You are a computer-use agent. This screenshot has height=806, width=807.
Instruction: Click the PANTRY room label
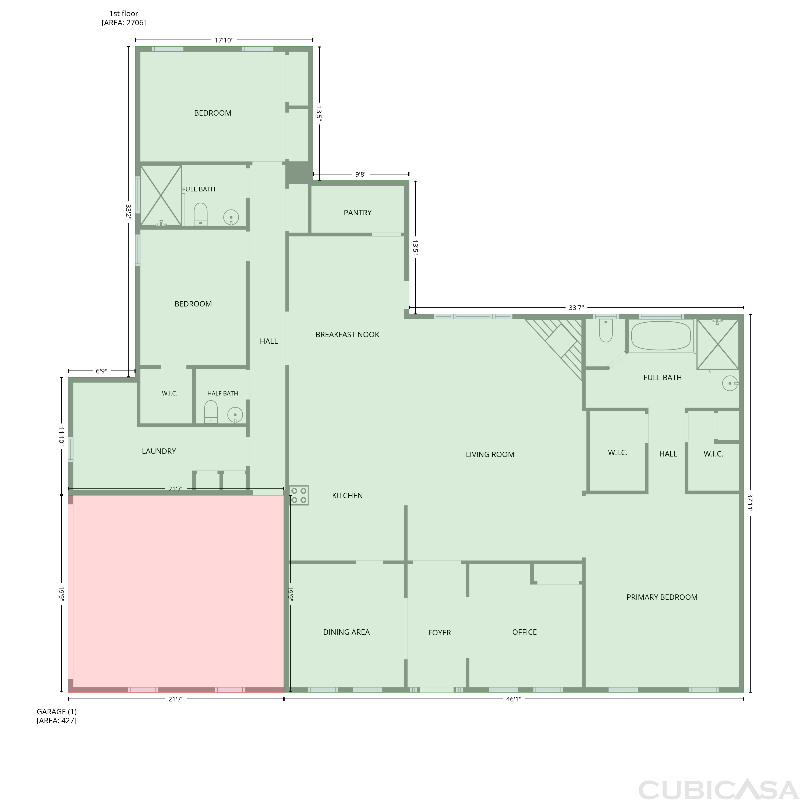358,213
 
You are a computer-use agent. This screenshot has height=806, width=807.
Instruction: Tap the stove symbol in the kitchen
299,495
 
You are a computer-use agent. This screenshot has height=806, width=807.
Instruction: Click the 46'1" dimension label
514,699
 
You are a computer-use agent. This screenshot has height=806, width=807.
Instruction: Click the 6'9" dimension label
101,371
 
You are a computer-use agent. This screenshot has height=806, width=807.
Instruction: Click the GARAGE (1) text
57,712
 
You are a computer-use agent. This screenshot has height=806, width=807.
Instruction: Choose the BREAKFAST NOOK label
348,334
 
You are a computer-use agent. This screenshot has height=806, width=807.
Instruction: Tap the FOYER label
440,633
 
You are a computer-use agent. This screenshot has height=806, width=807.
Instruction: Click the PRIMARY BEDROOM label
662,597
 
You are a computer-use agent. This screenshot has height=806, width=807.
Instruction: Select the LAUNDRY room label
159,451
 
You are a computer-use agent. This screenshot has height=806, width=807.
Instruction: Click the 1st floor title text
124,14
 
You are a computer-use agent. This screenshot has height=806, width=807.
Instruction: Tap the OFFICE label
525,632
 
